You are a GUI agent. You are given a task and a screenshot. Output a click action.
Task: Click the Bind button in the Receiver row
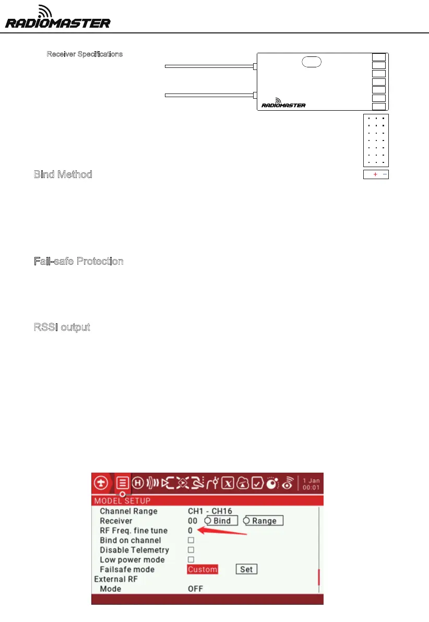pyautogui.click(x=222, y=521)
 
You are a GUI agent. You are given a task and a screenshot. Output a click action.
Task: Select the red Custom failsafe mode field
pyautogui.click(x=202, y=569)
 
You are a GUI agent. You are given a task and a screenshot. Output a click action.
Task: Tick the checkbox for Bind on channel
pyautogui.click(x=191, y=540)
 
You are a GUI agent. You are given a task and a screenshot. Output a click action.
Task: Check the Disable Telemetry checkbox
pyautogui.click(x=191, y=550)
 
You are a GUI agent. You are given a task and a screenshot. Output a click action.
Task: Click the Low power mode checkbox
pyautogui.click(x=191, y=560)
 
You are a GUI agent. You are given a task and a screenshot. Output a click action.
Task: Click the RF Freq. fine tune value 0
pyautogui.click(x=190, y=531)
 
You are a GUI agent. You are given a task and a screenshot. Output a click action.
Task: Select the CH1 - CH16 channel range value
pyautogui.click(x=210, y=511)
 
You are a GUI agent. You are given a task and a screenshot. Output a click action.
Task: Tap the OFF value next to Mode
pyautogui.click(x=195, y=589)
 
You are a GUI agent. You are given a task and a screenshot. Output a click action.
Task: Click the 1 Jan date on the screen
pyautogui.click(x=311, y=480)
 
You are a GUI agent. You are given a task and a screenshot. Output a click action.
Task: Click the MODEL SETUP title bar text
pyautogui.click(x=122, y=501)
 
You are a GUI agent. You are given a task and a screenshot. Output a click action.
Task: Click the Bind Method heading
pyautogui.click(x=63, y=174)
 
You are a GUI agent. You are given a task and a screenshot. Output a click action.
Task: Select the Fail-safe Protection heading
pyautogui.click(x=79, y=261)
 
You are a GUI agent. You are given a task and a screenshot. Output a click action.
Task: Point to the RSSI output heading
pyautogui.click(x=62, y=327)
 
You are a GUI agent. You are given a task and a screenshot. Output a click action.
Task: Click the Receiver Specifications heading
pyautogui.click(x=85, y=54)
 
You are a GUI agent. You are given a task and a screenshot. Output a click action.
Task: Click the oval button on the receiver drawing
pyautogui.click(x=311, y=62)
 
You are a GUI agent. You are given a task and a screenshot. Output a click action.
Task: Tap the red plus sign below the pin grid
pyautogui.click(x=375, y=174)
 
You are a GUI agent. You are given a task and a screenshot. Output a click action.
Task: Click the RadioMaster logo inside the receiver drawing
pyautogui.click(x=283, y=103)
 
